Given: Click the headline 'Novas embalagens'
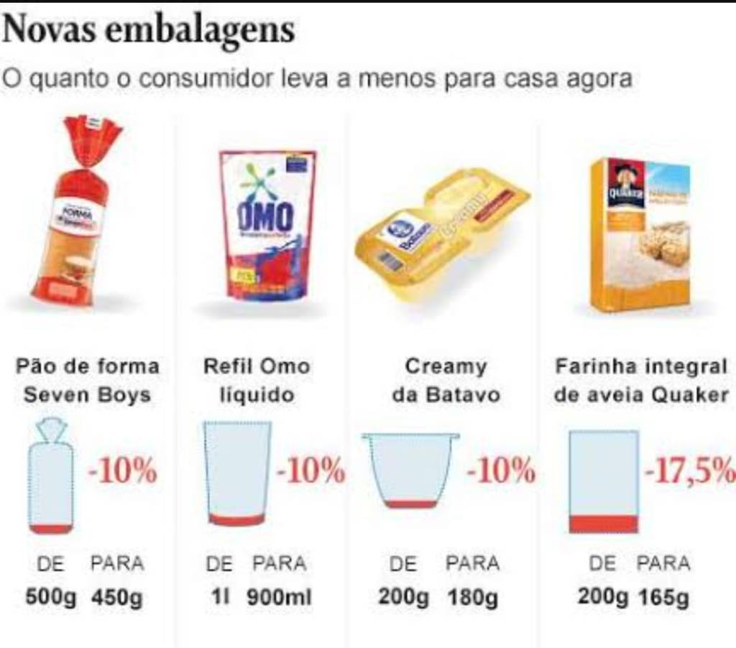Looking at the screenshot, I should [x=149, y=30].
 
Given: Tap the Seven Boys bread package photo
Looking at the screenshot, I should [x=76, y=212].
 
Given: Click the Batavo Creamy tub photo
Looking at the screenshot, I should [x=441, y=234].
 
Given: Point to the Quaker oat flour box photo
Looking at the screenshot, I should [x=640, y=234].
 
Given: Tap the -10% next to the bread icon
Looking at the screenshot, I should [x=122, y=472].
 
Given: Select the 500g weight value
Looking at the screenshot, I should [x=50, y=597].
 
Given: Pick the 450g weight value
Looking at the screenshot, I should [x=116, y=597].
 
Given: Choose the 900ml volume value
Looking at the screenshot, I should [x=280, y=597].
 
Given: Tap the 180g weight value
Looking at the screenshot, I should [x=472, y=597].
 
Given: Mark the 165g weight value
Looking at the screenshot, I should [x=663, y=597].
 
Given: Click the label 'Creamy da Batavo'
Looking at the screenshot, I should [x=446, y=380].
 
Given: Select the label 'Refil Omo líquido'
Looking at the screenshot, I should [x=257, y=380].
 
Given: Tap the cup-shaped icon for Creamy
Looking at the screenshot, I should [x=410, y=471].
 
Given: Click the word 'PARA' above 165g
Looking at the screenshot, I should [x=663, y=564].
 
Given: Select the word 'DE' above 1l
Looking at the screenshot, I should [x=219, y=564].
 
